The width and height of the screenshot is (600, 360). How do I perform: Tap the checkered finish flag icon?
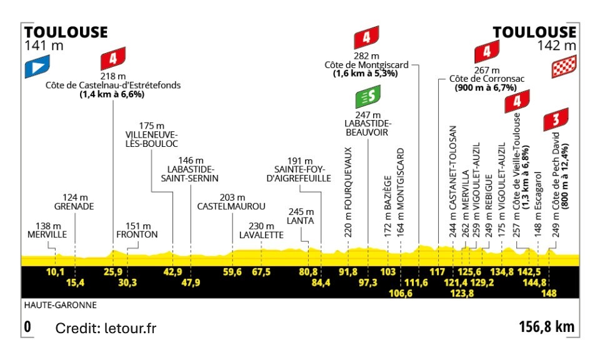(563, 66)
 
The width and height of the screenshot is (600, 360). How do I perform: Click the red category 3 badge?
(556, 119)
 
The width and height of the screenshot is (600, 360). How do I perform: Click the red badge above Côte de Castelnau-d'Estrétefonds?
(112, 59)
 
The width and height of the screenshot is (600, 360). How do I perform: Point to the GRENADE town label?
(75, 206)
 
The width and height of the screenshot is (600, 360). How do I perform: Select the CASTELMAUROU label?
(231, 206)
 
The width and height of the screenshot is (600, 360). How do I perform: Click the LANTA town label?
(300, 221)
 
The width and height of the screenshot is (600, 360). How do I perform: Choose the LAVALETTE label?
(261, 235)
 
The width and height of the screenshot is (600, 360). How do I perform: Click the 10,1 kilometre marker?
(56, 272)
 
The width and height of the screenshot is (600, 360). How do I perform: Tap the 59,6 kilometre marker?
(232, 272)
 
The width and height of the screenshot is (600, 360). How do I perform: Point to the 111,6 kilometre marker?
(417, 282)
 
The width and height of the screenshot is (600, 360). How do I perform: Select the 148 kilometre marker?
(549, 292)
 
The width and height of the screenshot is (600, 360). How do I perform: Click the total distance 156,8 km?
(546, 327)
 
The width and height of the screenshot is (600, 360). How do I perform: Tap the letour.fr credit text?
(106, 328)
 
